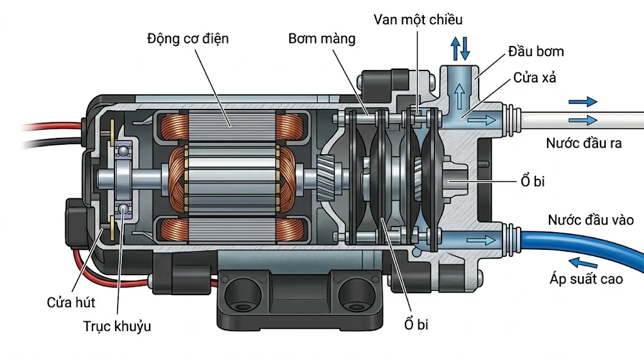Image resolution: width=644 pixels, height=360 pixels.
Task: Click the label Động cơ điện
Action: [x=188, y=39]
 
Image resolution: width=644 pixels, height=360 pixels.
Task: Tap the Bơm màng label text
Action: [x=322, y=39]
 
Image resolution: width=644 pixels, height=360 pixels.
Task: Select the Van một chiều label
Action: [x=418, y=20]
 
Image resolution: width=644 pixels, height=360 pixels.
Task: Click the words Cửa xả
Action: [x=535, y=78]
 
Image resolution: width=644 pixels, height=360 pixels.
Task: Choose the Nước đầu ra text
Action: [x=584, y=143]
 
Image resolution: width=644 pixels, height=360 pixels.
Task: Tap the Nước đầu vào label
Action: [x=591, y=220]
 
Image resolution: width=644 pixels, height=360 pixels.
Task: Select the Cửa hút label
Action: [x=71, y=303]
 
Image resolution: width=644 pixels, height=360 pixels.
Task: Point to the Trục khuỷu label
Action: [x=117, y=327]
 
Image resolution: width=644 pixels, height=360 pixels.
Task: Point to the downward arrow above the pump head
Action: [x=465, y=47]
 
